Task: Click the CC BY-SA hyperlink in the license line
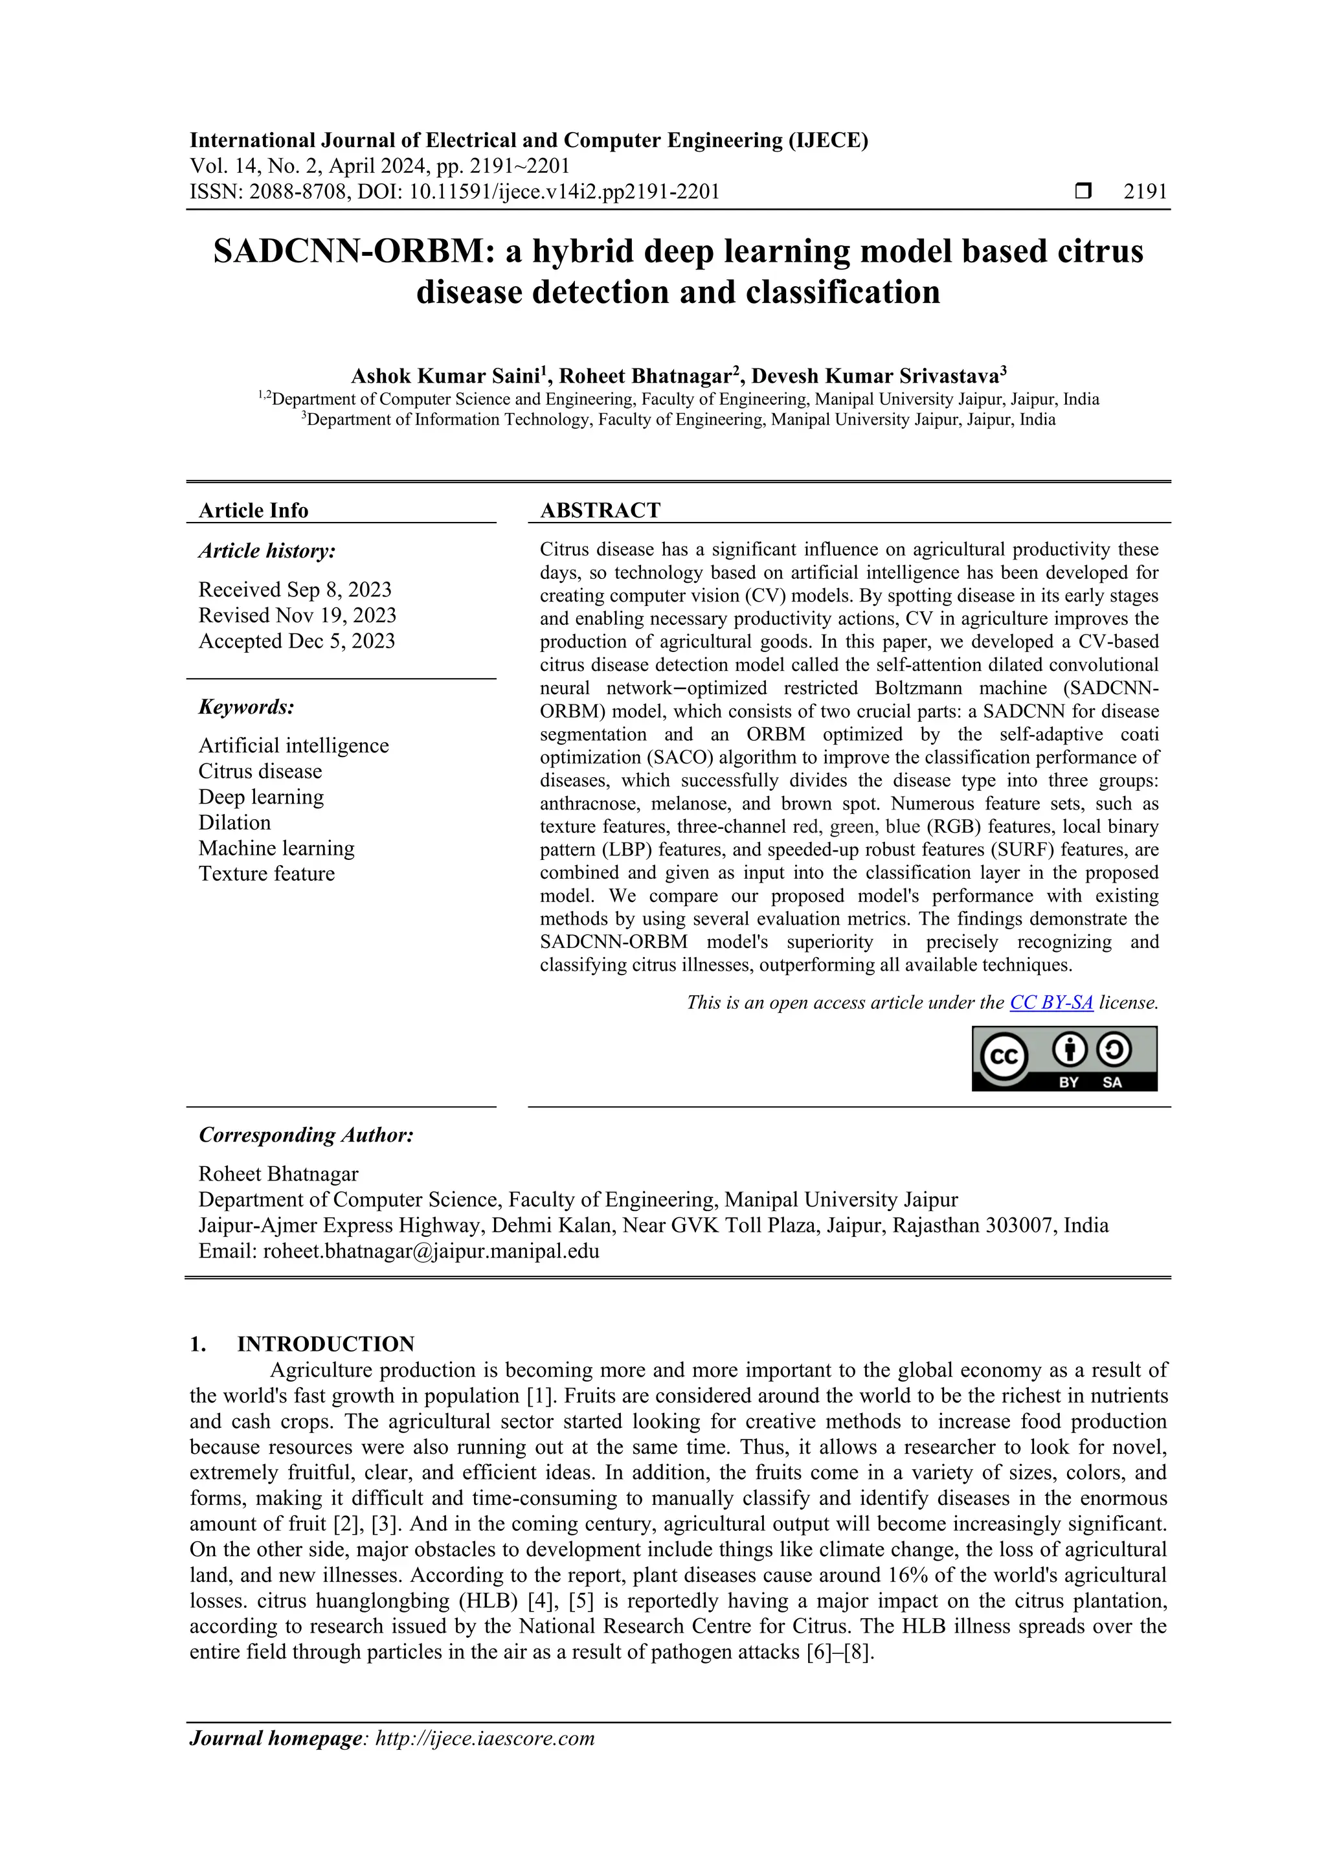click(1051, 1002)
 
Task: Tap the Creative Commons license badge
click(1064, 1058)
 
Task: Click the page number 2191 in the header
click(1145, 192)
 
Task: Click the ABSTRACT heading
click(600, 511)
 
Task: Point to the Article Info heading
click(253, 511)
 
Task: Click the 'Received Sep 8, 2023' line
click(295, 590)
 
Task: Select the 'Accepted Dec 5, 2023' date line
click(297, 641)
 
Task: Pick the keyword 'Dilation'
click(234, 823)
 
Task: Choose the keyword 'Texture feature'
click(266, 874)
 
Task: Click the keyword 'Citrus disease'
click(260, 771)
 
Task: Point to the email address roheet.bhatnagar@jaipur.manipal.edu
click(431, 1252)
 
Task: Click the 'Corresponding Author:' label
click(306, 1135)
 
